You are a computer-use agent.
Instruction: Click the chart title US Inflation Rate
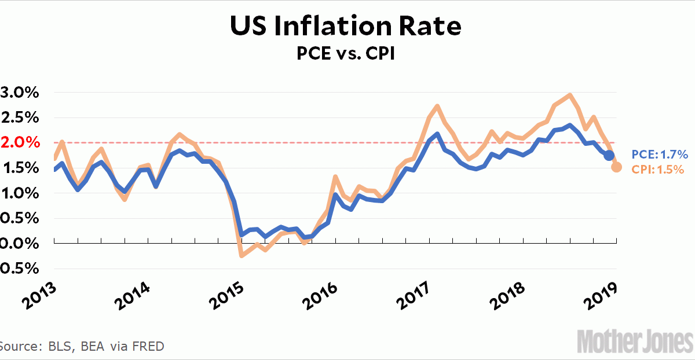coord(346,27)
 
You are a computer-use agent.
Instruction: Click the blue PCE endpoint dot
coord(609,155)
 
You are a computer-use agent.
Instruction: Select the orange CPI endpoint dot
coord(617,167)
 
